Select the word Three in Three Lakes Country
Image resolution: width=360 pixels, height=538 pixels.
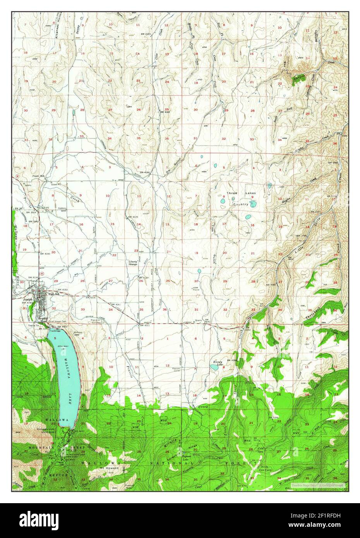(231, 193)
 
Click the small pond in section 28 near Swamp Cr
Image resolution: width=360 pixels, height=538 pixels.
(74, 113)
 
